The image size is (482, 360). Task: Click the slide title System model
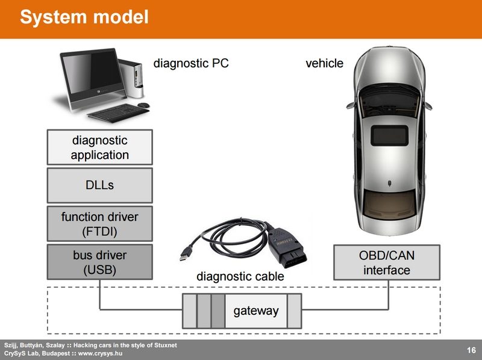pos(84,17)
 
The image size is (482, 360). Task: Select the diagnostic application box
pos(99,147)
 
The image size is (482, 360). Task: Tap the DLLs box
pos(99,185)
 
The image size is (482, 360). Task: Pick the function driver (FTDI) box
pos(99,224)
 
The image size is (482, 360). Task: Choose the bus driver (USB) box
pos(99,262)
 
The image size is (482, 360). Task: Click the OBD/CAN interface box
pos(387,262)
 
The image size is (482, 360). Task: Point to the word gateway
pos(256,311)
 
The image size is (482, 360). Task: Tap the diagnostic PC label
pos(191,63)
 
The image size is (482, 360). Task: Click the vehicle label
pos(324,63)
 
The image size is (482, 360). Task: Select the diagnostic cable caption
pos(240,277)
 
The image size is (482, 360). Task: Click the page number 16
pos(471,350)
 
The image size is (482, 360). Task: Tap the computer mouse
pos(143,105)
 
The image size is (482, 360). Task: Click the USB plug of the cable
pos(185,255)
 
